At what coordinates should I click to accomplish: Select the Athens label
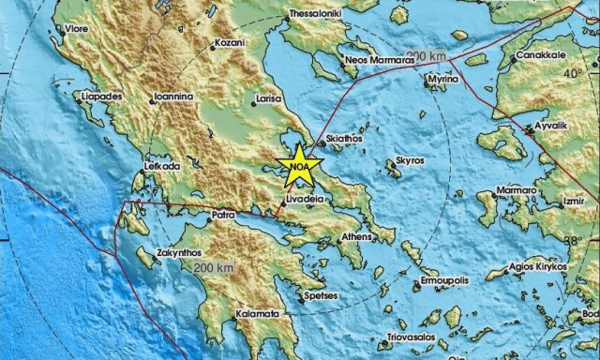point(358,237)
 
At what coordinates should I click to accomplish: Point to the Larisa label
point(271,97)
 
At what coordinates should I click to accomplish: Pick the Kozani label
point(231,44)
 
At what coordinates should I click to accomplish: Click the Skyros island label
point(411,160)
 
